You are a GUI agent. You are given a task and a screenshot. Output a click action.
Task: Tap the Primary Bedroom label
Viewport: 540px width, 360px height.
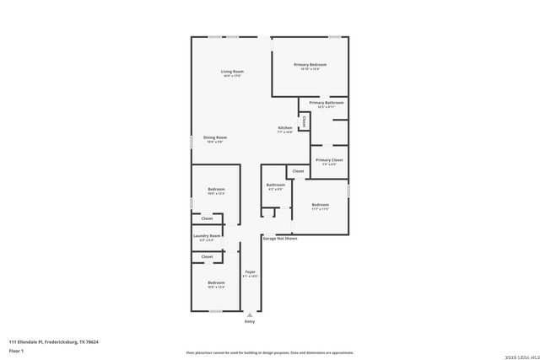point(310,65)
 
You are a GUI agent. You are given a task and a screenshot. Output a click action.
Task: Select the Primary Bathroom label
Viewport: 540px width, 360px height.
point(326,103)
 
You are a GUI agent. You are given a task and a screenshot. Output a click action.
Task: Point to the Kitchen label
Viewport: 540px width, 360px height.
point(285,128)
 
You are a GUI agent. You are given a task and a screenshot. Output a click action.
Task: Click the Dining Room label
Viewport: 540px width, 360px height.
point(215,137)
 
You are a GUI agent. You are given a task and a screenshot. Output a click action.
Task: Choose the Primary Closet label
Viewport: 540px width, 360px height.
point(328,159)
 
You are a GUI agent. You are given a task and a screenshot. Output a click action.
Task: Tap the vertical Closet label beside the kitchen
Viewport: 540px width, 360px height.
point(305,121)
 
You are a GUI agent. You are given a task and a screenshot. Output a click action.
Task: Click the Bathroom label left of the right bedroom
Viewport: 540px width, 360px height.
point(276,185)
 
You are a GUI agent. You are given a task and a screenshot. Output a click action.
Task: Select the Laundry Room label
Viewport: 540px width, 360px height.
point(207,236)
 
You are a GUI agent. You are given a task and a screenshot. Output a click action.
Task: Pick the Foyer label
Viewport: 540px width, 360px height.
point(250,271)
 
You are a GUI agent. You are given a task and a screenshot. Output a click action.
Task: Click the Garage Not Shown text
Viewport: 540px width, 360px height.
point(279,239)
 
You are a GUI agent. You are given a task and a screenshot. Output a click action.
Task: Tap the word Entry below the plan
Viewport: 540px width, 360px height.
point(249,321)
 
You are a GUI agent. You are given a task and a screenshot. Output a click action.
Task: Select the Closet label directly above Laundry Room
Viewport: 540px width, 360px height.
point(207,218)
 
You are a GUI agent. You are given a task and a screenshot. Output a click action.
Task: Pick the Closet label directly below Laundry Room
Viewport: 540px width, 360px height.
point(207,256)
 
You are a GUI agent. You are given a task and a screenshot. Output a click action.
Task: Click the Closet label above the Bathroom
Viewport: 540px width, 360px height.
point(298,171)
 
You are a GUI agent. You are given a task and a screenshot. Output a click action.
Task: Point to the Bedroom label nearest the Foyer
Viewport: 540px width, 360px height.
point(216,282)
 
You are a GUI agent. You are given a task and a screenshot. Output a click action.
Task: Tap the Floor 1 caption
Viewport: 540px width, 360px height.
point(16,350)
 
